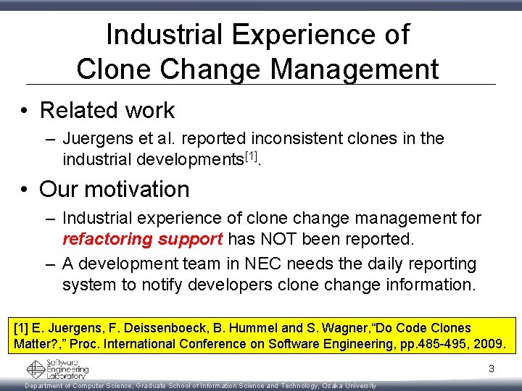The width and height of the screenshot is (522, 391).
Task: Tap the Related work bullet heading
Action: [107, 110]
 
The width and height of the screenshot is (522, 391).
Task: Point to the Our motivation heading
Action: [114, 189]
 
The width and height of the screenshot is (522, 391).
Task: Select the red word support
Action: [190, 239]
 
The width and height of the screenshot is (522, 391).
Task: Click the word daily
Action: [372, 264]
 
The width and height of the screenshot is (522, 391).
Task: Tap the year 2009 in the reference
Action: [490, 344]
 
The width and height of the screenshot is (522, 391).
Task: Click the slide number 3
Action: [491, 369]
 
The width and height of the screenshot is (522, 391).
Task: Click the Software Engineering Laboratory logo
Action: [58, 369]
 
